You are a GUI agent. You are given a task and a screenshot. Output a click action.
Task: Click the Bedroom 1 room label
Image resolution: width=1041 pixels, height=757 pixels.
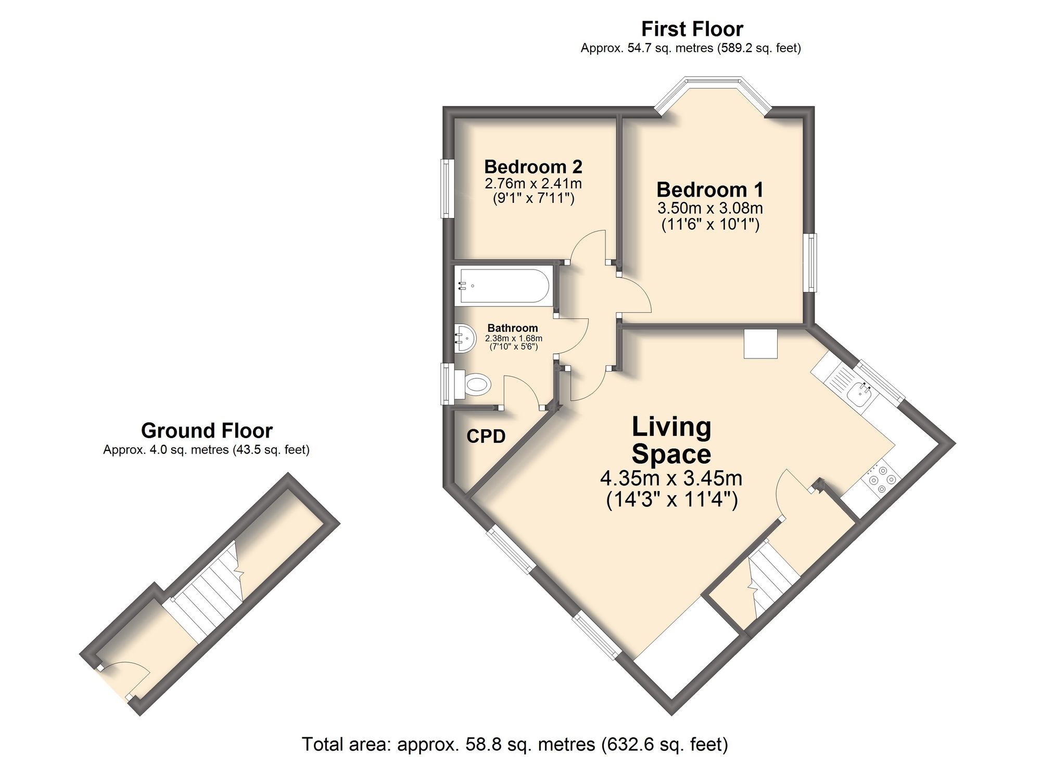(709, 190)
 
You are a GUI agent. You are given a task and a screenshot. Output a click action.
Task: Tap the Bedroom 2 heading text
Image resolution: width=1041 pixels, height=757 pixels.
(533, 167)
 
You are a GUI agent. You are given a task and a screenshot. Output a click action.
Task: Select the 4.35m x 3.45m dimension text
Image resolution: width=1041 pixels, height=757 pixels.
(671, 478)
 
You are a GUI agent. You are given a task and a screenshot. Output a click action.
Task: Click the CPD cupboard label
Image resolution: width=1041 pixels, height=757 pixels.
(486, 436)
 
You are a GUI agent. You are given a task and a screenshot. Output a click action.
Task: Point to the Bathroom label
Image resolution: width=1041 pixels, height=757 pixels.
(512, 328)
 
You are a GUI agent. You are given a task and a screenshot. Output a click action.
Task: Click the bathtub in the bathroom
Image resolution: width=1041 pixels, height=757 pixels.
(502, 286)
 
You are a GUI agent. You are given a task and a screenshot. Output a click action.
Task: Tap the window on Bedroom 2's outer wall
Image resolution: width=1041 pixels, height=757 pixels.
(446, 188)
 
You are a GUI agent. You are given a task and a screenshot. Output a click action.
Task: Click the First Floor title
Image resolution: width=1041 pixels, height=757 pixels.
(692, 29)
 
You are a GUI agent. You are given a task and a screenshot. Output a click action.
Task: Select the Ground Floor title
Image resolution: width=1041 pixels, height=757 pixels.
(207, 431)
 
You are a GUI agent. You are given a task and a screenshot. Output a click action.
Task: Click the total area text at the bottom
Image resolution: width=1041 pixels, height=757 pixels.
(514, 745)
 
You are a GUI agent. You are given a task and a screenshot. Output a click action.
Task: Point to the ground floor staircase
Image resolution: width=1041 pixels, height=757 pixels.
(208, 593)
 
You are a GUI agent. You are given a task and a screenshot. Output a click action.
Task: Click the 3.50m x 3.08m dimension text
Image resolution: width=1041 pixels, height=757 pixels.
(709, 209)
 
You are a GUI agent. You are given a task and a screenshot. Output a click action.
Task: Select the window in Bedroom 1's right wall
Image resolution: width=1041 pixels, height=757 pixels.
(811, 262)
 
